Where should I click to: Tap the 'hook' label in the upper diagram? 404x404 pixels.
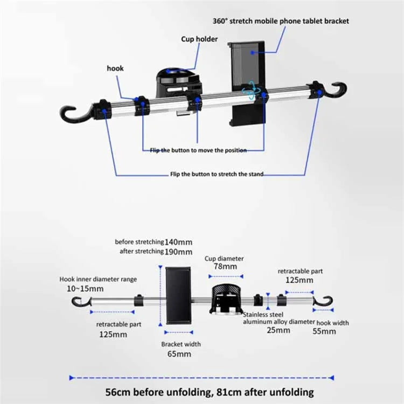click(115, 68)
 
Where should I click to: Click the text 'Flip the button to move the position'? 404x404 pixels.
click(198, 150)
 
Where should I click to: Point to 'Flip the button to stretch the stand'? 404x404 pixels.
click(217, 175)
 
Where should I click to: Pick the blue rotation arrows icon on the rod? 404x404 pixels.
click(250, 92)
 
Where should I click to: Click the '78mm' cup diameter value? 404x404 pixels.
click(224, 267)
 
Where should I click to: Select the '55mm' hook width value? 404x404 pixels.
click(324, 331)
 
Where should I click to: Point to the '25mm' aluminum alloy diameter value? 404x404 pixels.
click(278, 330)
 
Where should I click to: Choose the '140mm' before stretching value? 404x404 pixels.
click(178, 242)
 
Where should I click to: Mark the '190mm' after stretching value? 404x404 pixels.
click(178, 252)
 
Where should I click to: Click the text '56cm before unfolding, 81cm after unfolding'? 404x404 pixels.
click(202, 392)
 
